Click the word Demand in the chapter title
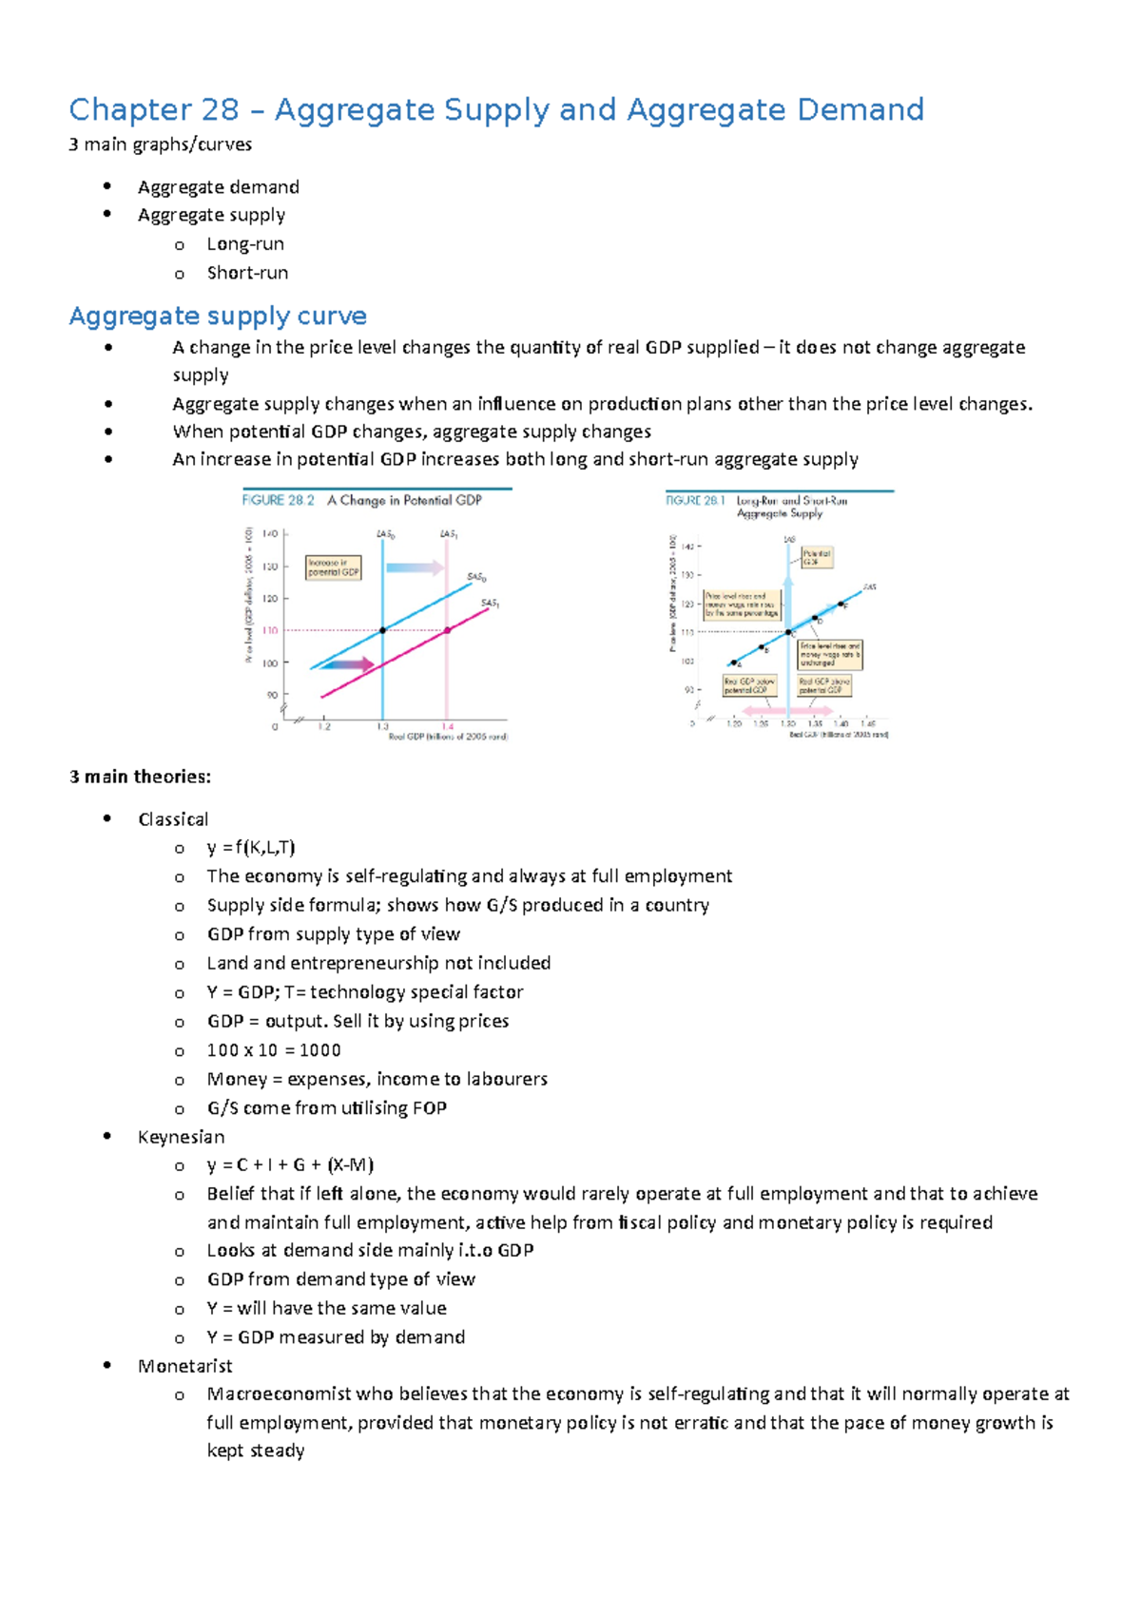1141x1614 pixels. coord(860,110)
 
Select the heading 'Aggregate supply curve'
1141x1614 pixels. coord(218,316)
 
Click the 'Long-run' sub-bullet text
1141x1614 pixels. coord(245,244)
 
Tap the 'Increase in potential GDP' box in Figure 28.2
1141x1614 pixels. coord(333,567)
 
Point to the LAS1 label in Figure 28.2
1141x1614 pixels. coord(449,535)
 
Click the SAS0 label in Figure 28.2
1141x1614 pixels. coord(476,577)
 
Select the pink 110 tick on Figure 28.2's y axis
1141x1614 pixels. coord(270,630)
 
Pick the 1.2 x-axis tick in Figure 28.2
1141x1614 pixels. coord(324,726)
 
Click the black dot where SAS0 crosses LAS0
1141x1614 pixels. coord(382,630)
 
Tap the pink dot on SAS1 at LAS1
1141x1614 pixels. coord(447,630)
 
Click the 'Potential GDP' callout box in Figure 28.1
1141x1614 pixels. coord(816,557)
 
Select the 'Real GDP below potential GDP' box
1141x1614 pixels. coord(749,685)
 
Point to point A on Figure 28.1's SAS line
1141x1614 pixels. coord(733,663)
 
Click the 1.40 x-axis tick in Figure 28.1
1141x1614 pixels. coord(841,723)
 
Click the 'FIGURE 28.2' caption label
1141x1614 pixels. coord(279,500)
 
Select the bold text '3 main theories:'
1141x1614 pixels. coord(140,777)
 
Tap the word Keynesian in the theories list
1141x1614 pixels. coord(181,1137)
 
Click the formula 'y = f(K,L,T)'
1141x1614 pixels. coord(251,847)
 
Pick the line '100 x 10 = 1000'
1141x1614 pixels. coord(274,1050)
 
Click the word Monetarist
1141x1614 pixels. coord(184,1366)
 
